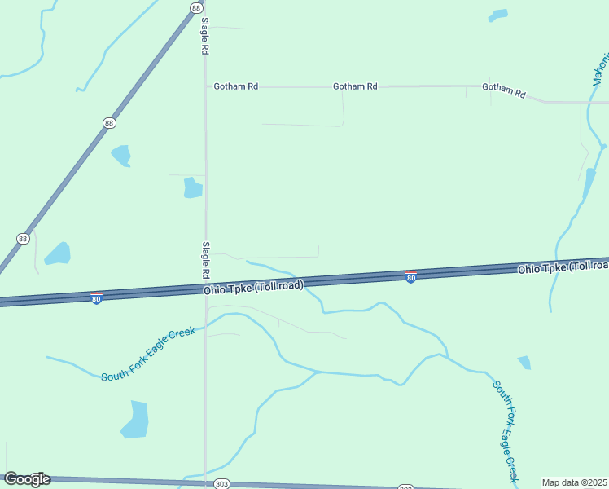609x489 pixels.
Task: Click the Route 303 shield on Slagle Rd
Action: (222, 483)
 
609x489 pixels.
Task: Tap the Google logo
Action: (27, 479)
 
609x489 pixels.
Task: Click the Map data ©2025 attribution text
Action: (574, 482)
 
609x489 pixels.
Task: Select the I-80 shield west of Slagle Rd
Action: (96, 297)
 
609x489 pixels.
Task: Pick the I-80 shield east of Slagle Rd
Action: (411, 277)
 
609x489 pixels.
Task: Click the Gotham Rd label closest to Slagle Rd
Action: (235, 86)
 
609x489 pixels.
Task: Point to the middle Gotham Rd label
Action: (355, 86)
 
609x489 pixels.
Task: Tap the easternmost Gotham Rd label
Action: (504, 89)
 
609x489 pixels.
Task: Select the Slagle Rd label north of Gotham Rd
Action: (206, 37)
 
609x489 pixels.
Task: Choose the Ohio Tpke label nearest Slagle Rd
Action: (253, 288)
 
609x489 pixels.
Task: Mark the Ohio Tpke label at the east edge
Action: (563, 267)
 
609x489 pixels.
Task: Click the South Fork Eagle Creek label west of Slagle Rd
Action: (148, 355)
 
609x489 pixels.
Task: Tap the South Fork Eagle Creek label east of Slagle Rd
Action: (506, 430)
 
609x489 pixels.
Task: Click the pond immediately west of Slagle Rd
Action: (193, 188)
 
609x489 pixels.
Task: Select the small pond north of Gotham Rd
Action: (497, 15)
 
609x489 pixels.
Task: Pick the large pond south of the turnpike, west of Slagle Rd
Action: (136, 419)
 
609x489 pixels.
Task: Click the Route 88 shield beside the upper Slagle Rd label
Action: (196, 7)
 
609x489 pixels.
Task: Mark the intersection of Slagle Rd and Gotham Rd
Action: (205, 86)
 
